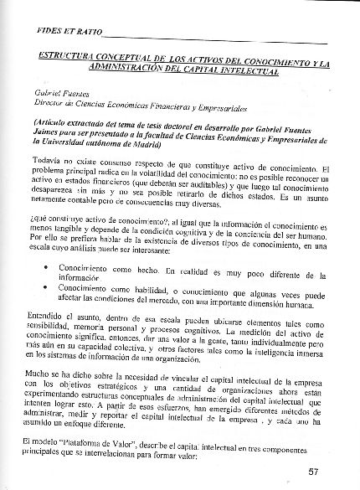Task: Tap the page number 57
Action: click(x=313, y=471)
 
